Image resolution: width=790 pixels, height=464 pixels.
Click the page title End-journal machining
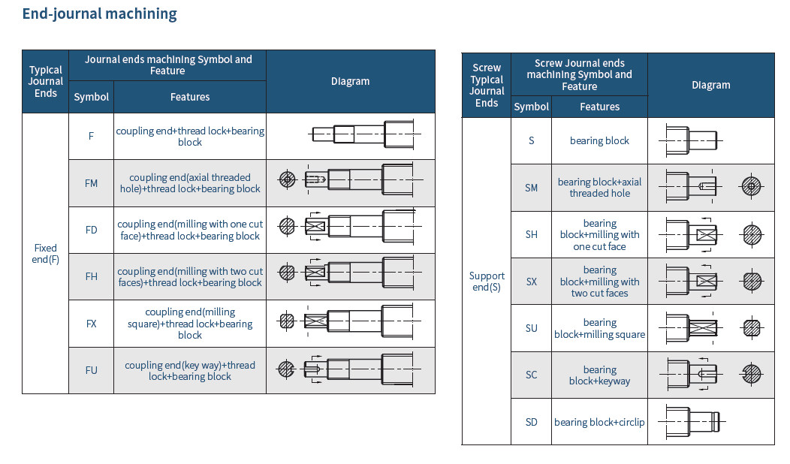[x=100, y=14]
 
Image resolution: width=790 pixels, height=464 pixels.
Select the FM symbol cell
[x=91, y=183]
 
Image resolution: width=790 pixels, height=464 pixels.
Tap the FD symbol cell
[x=91, y=230]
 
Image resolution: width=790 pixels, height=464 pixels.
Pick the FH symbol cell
[x=91, y=276]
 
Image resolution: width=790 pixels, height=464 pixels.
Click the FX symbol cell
[x=91, y=324]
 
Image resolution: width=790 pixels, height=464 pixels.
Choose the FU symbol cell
[x=91, y=370]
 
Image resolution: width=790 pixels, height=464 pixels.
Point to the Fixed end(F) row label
[x=46, y=254]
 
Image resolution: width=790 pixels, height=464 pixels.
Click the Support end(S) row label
[x=487, y=282]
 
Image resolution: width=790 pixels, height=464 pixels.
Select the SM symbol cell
[x=532, y=188]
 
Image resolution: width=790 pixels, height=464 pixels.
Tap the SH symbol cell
[x=532, y=234]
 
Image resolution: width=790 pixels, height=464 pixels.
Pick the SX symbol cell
[x=532, y=282]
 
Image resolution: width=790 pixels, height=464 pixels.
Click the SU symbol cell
[x=532, y=328]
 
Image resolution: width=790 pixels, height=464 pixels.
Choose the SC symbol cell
[x=532, y=375]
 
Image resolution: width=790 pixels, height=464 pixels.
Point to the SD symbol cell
[x=532, y=422]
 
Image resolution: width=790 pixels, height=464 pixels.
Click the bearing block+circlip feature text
[x=599, y=422]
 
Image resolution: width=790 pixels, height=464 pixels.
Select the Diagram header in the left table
[x=350, y=81]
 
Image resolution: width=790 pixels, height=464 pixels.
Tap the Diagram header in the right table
[x=710, y=85]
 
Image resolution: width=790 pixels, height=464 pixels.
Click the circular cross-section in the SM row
[x=752, y=187]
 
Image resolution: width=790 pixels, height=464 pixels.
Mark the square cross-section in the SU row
[x=752, y=328]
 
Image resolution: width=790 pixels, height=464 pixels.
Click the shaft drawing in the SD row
[x=692, y=421]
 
